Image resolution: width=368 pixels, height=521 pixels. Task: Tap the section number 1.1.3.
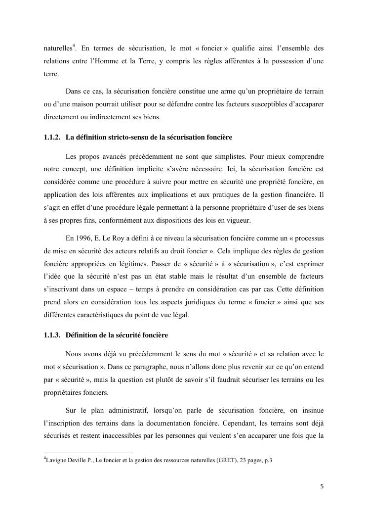pyautogui.click(x=52, y=335)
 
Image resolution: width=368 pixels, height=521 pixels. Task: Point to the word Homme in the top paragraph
pyautogui.click(x=126, y=61)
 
